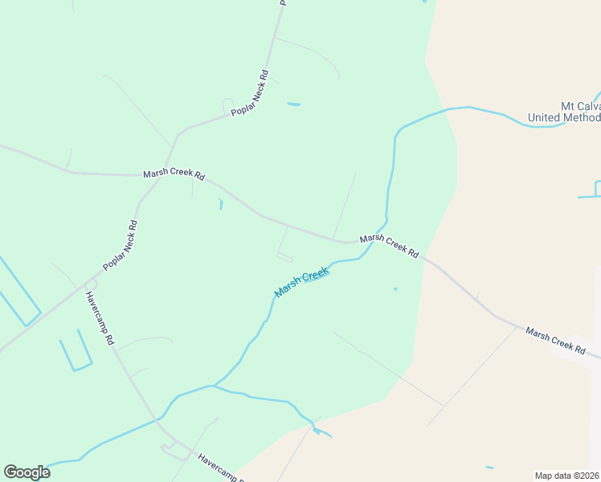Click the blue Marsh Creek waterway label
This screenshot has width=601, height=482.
(302, 282)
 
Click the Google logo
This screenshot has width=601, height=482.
(27, 472)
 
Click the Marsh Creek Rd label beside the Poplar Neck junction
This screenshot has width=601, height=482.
(174, 174)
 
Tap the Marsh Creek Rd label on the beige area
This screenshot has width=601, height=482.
(555, 339)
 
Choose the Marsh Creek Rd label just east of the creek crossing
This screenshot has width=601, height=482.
(390, 245)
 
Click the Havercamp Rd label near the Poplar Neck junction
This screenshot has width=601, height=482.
(100, 318)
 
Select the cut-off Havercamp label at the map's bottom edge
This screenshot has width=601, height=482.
(219, 468)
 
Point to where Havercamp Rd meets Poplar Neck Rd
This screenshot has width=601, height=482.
(90, 283)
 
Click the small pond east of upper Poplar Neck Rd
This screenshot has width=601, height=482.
(293, 104)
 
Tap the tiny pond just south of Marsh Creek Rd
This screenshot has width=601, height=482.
(220, 203)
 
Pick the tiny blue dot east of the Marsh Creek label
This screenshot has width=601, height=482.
(395, 289)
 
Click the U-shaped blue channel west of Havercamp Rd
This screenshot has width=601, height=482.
(75, 353)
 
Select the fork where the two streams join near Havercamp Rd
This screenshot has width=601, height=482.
(211, 386)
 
